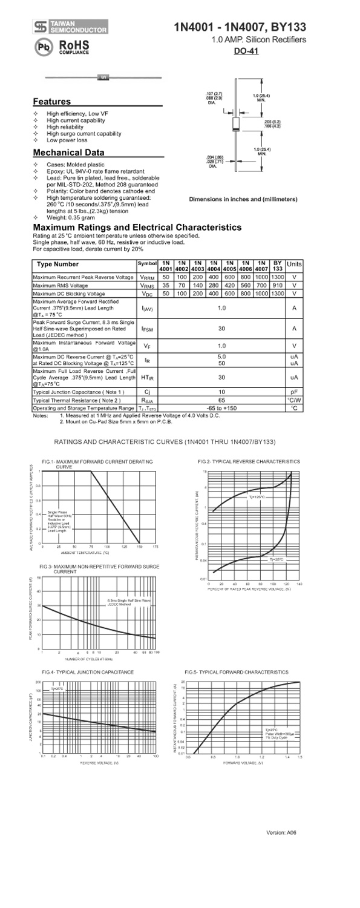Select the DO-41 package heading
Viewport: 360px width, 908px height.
[246, 51]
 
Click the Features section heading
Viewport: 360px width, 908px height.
[51, 102]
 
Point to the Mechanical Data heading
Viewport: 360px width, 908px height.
[68, 153]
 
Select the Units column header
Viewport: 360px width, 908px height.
[294, 265]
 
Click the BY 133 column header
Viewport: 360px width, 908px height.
[278, 265]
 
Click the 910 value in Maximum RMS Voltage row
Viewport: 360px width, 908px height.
[278, 285]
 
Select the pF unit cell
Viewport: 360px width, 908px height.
[294, 392]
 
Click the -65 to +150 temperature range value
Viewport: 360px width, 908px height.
[221, 408]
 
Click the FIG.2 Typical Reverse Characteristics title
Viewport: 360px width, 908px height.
[248, 461]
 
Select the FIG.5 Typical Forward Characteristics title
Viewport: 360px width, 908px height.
[237, 672]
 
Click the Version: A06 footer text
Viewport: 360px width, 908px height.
[281, 833]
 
